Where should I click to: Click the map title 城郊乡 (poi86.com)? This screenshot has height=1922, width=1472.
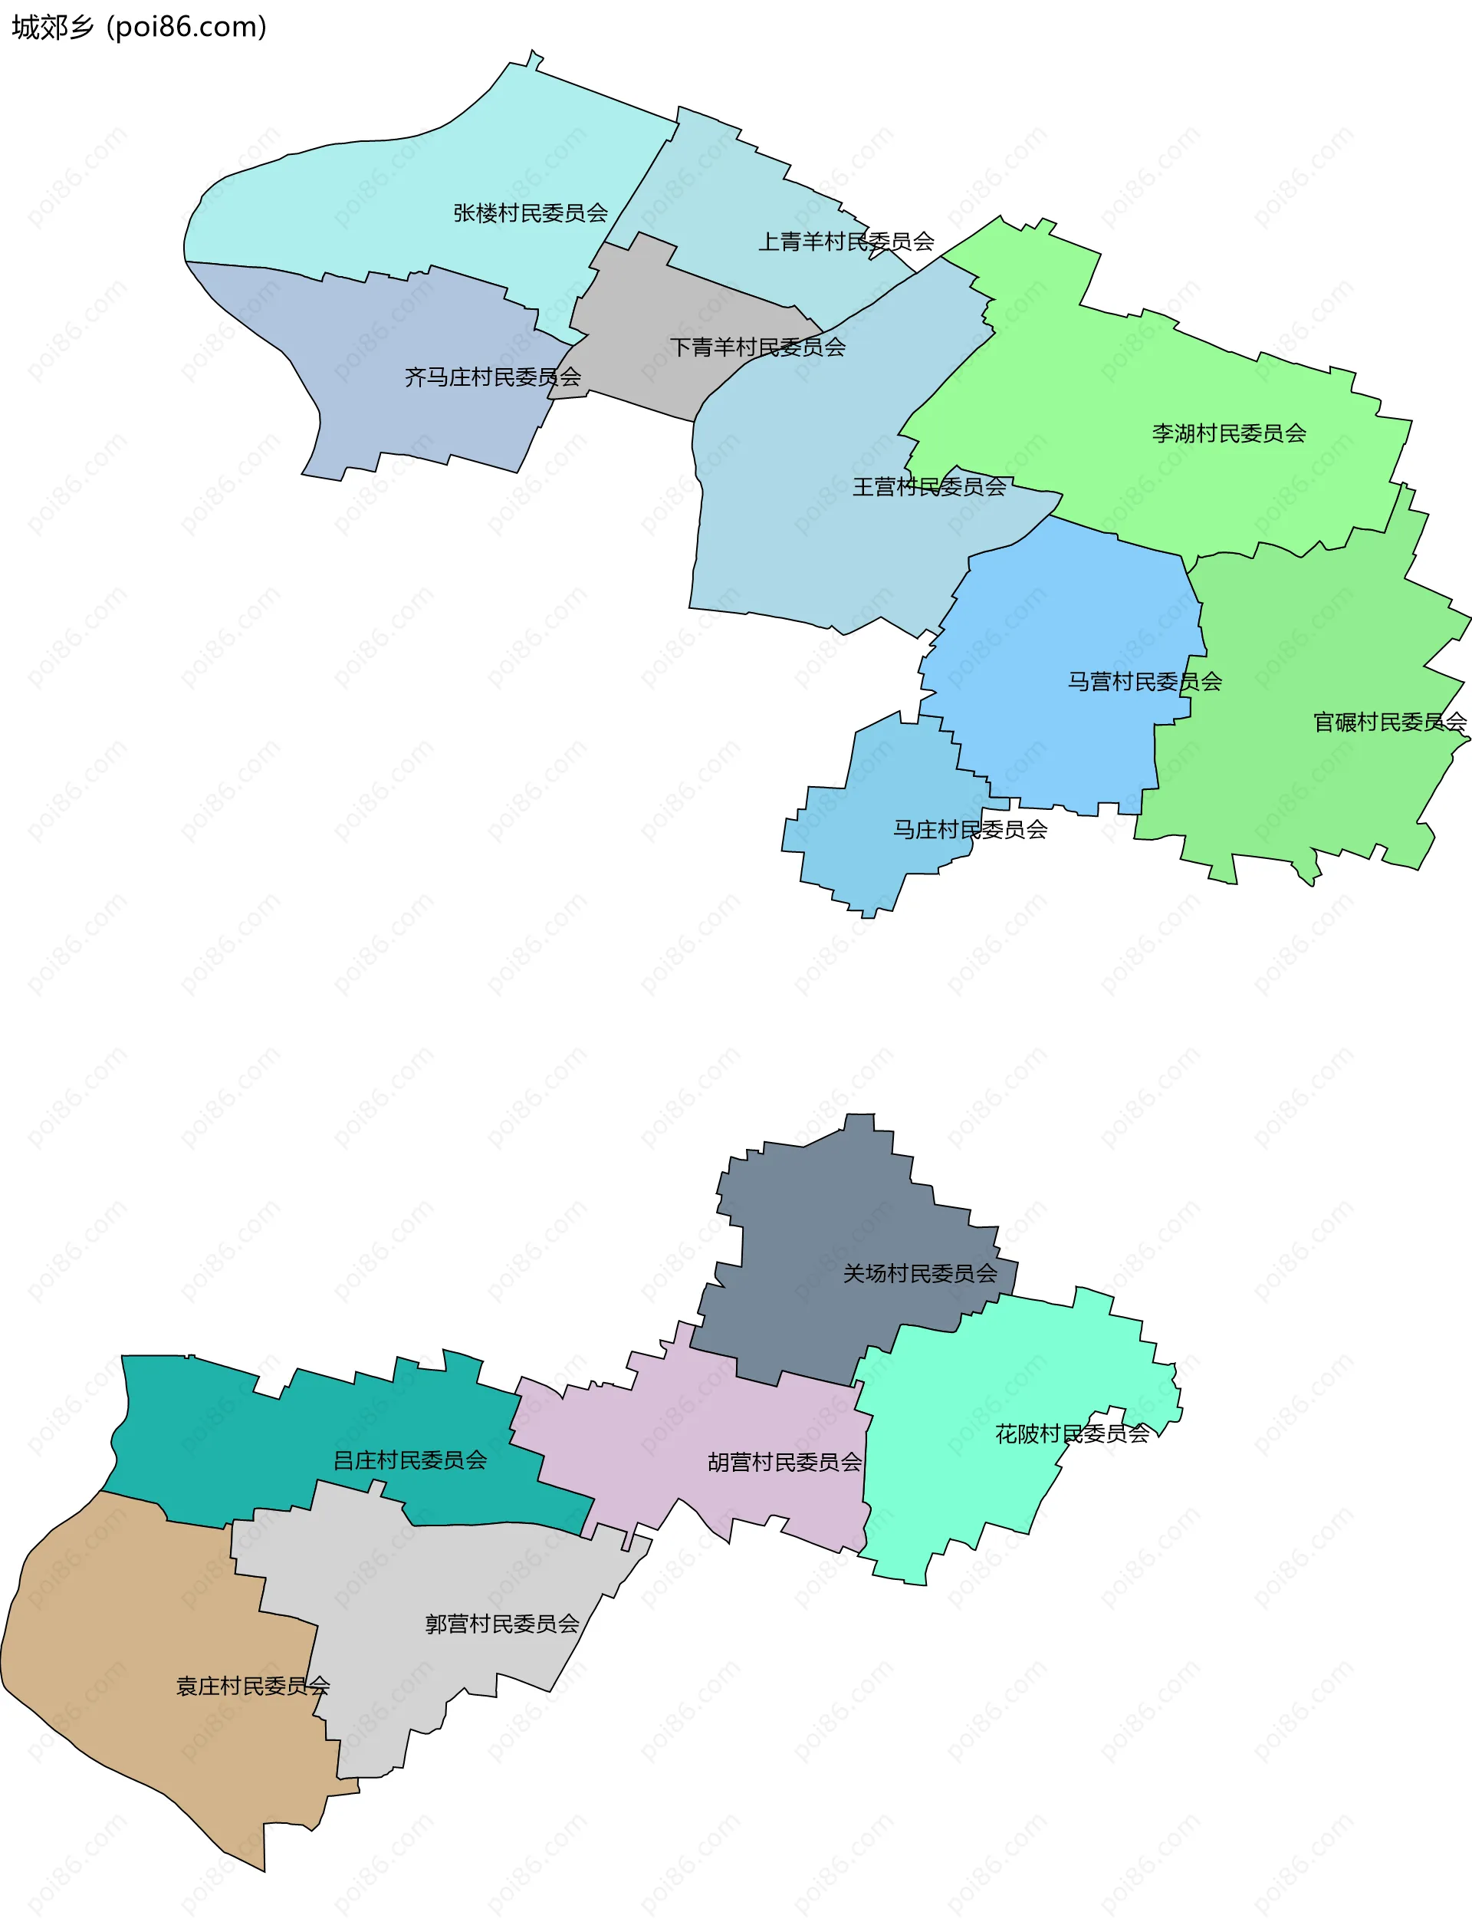point(139,27)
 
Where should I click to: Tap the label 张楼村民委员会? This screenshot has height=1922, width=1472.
point(530,213)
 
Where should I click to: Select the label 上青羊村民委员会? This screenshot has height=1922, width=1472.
point(846,242)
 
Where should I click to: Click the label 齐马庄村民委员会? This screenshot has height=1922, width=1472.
point(492,378)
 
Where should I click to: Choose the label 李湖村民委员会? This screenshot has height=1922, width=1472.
point(1228,433)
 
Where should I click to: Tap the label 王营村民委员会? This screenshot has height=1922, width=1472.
point(928,487)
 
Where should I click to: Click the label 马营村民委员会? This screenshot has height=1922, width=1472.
point(1145,681)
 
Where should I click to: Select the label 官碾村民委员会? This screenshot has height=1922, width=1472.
point(1388,722)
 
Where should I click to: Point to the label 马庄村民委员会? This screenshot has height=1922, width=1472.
point(970,829)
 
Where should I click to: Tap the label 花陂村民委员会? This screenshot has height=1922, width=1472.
point(1072,1434)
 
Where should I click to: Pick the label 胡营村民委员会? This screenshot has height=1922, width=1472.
point(784,1462)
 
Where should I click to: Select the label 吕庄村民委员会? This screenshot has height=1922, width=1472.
point(410,1460)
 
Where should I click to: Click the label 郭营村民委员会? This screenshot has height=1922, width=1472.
point(502,1624)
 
